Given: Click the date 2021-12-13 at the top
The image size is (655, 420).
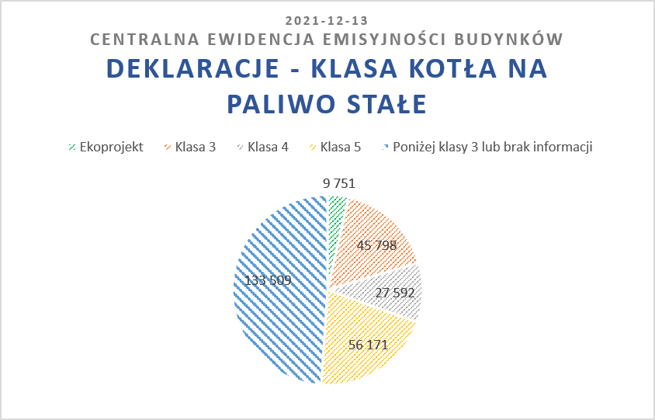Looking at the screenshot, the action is point(327,20).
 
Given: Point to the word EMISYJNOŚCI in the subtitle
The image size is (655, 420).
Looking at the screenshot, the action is point(383,40).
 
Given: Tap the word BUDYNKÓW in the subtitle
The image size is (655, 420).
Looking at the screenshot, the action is point(508,39).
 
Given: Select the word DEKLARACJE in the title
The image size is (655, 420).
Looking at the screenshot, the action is point(193,68).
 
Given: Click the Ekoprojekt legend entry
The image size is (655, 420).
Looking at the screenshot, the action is point(106,147).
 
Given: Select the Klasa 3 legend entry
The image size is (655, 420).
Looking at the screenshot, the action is point(190,147).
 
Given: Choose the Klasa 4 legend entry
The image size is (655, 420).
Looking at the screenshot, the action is point(263,147).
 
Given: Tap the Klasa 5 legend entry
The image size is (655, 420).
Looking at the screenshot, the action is point(335,147).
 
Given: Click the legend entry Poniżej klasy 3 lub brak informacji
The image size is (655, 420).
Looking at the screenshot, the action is point(487,147).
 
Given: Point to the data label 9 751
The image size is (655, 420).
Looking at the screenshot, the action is point(339,183).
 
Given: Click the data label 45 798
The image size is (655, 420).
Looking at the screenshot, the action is point(377,245).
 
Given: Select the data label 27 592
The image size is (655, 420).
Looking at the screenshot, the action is point(395,293).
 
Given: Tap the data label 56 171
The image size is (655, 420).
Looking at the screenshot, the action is point(368,345).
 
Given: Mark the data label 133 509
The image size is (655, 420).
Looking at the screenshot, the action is point(268,280).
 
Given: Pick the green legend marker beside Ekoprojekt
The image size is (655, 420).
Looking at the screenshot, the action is point(72,147).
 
